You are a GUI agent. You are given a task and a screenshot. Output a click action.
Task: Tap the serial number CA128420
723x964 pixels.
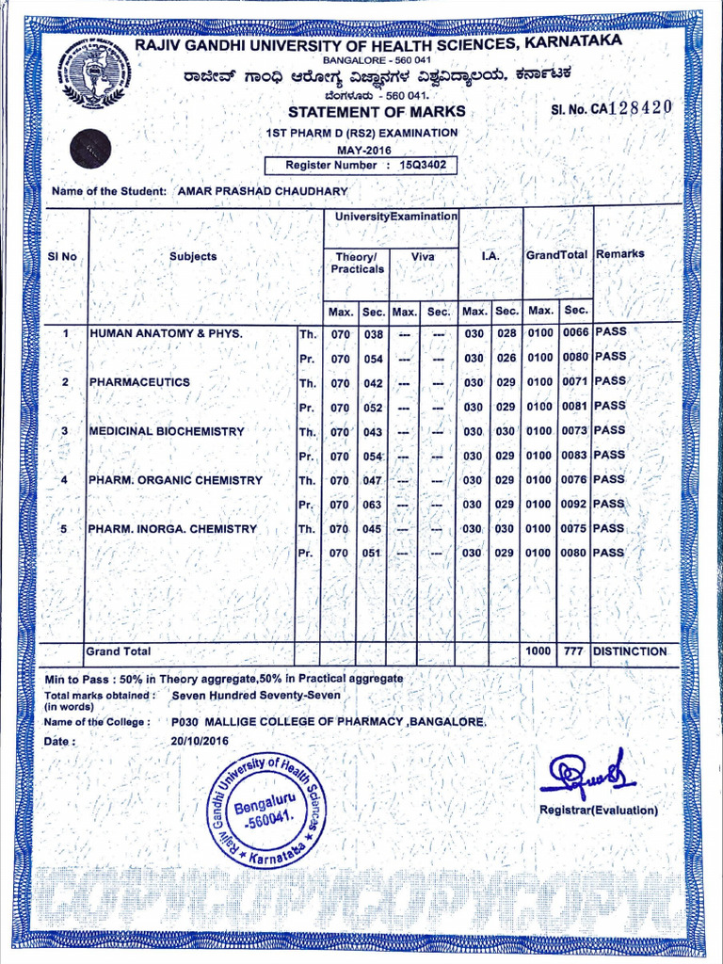(x=612, y=107)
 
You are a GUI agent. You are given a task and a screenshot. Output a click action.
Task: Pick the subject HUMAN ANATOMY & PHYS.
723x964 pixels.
(x=166, y=333)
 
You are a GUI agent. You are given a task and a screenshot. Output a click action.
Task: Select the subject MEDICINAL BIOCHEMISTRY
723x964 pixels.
(x=167, y=431)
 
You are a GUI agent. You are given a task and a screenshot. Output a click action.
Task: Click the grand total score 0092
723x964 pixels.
(x=574, y=505)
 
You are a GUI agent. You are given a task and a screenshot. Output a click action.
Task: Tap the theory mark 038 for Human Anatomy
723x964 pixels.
(x=373, y=334)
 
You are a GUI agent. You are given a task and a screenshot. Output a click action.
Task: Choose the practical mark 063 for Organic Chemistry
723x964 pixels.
(x=373, y=505)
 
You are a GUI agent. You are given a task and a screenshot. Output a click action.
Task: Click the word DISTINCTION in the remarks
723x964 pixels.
(x=630, y=651)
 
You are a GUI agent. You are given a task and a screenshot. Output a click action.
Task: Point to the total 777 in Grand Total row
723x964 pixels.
(x=574, y=651)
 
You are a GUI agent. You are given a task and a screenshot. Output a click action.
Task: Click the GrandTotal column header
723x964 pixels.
(x=556, y=254)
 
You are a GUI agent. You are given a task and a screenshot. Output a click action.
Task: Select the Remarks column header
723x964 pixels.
(x=620, y=253)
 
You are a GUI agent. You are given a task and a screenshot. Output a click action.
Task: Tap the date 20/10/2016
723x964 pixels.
(x=200, y=741)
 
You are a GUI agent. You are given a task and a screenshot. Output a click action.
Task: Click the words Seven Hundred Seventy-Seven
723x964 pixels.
(x=256, y=697)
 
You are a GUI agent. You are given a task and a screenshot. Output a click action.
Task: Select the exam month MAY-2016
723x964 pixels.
(x=363, y=150)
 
